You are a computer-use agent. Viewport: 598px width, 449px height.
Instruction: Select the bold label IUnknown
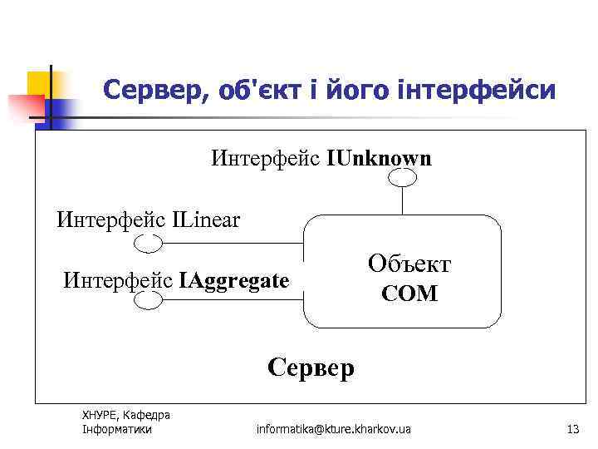pos(380,158)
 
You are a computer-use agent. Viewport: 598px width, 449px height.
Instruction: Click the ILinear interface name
pos(207,220)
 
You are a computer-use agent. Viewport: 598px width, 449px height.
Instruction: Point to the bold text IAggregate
pos(234,280)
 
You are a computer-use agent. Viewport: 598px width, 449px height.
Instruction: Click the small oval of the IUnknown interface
pos(403,177)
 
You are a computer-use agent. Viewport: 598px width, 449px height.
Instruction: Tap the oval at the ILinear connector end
pos(149,243)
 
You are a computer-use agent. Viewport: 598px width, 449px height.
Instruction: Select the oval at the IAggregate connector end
pos(148,300)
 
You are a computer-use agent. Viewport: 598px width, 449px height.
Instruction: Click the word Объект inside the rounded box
pos(409,264)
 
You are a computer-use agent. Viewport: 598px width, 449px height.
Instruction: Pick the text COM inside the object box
pos(409,294)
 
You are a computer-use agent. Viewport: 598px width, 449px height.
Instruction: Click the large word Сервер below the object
pos(311,367)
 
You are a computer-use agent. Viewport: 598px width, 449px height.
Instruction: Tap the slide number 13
pos(571,429)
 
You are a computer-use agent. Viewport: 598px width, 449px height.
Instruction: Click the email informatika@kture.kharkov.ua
pos(333,429)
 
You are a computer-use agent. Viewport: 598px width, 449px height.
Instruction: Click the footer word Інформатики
pos(117,429)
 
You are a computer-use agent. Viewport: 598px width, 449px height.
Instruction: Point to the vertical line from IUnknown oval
pos(403,201)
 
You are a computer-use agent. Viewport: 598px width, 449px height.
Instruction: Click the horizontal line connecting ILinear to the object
pos(233,244)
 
